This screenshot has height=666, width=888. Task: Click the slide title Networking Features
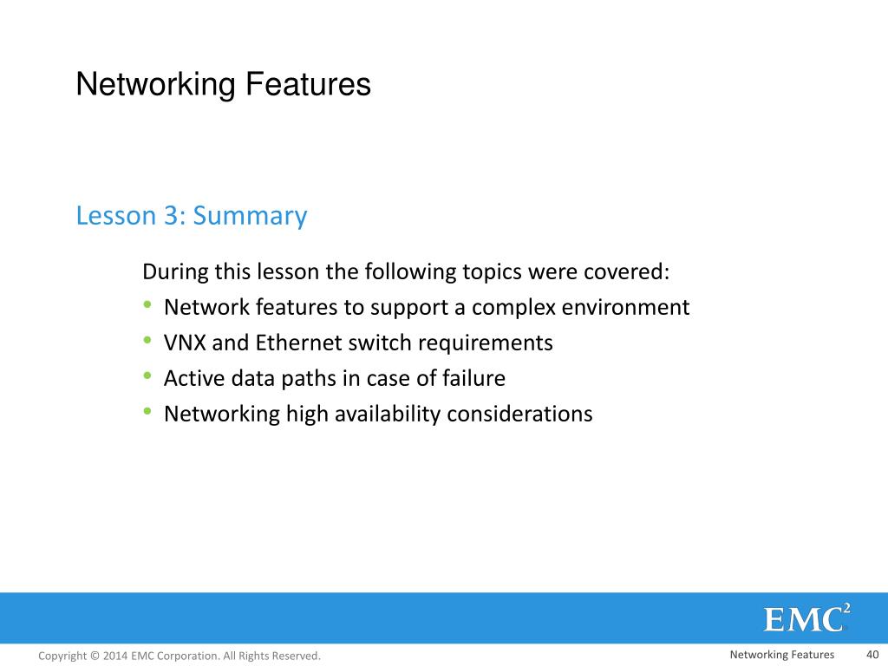223,85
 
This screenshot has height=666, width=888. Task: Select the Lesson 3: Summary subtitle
192,215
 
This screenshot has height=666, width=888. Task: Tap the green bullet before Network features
148,305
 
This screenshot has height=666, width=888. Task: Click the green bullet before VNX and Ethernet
148,341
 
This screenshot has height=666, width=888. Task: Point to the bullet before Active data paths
148,376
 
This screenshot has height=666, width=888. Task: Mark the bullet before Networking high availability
148,412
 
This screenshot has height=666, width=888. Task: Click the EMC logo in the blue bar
806,618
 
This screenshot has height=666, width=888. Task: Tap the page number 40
872,655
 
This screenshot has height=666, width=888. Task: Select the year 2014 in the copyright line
115,656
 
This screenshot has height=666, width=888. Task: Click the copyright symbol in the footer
95,656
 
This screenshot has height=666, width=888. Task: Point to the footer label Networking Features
781,655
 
